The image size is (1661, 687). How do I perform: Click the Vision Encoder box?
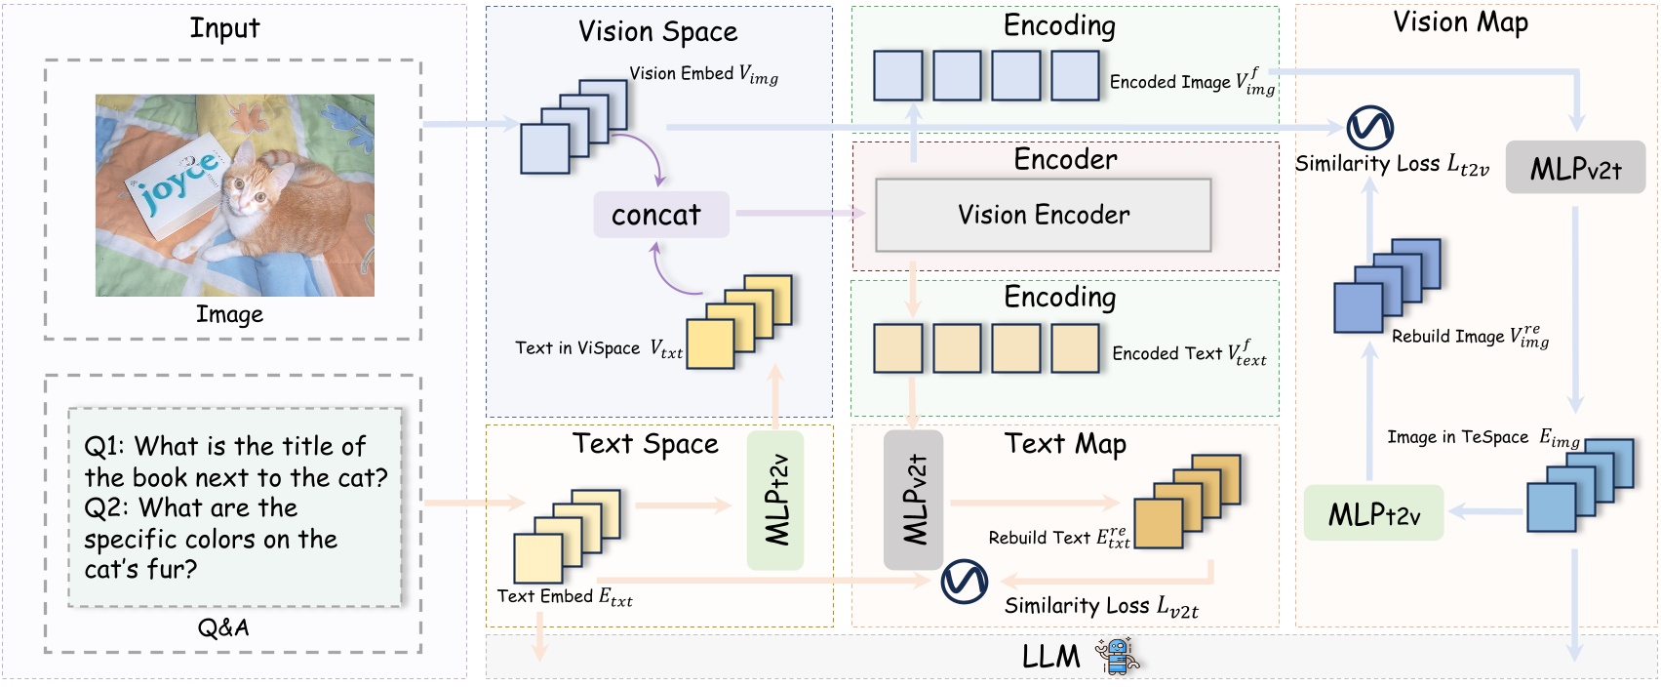pyautogui.click(x=1043, y=215)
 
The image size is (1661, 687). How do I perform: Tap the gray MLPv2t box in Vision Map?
pyautogui.click(x=1574, y=168)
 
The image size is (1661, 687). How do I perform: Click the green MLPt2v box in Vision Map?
pyautogui.click(x=1373, y=513)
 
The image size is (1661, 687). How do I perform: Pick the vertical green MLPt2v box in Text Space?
pyautogui.click(x=775, y=501)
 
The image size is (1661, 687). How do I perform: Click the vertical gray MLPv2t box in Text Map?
pyautogui.click(x=913, y=500)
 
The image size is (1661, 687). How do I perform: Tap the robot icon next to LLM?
pyautogui.click(x=1116, y=656)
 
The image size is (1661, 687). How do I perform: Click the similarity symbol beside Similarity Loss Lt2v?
pyautogui.click(x=1369, y=128)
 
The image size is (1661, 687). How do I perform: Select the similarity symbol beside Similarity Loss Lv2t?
pyautogui.click(x=964, y=582)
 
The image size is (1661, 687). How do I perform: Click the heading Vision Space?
pyautogui.click(x=657, y=31)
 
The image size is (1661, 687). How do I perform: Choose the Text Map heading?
pyautogui.click(x=1065, y=444)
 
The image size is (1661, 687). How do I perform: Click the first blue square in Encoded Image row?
pyautogui.click(x=897, y=76)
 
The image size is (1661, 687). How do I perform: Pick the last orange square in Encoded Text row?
pyautogui.click(x=1075, y=348)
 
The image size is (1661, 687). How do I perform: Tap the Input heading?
pyautogui.click(x=224, y=28)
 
